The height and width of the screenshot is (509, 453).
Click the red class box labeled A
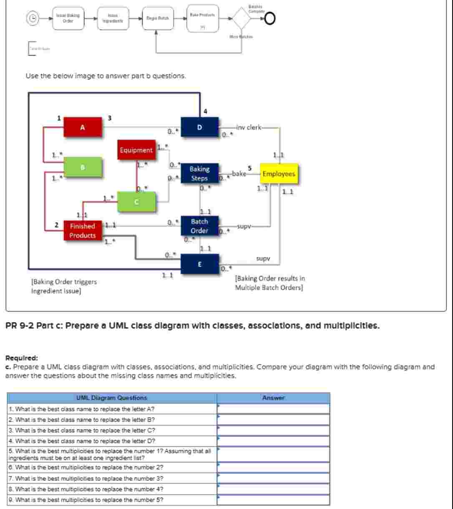pyautogui.click(x=83, y=127)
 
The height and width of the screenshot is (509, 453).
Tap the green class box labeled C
pyautogui.click(x=136, y=202)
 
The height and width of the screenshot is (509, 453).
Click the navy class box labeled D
pyautogui.click(x=199, y=127)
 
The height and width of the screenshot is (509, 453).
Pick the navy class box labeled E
pyautogui.click(x=199, y=264)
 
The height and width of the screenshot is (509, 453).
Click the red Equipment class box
pyautogui.click(x=136, y=150)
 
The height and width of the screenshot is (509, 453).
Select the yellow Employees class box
pyautogui.click(x=279, y=174)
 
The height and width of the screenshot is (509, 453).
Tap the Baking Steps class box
pyautogui.click(x=199, y=174)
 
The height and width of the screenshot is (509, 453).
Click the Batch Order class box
pyautogui.click(x=199, y=226)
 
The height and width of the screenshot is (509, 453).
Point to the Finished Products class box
pyautogui.click(x=83, y=231)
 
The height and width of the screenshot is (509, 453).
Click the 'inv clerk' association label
pyautogui.click(x=249, y=127)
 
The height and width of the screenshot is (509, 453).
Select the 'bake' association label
pyautogui.click(x=239, y=173)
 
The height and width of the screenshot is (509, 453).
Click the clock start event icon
pyautogui.click(x=33, y=18)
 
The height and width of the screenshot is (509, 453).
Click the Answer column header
pyautogui.click(x=273, y=398)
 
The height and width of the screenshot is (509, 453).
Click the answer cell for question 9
pyautogui.click(x=273, y=499)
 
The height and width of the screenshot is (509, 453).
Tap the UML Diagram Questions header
pyautogui.click(x=112, y=398)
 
